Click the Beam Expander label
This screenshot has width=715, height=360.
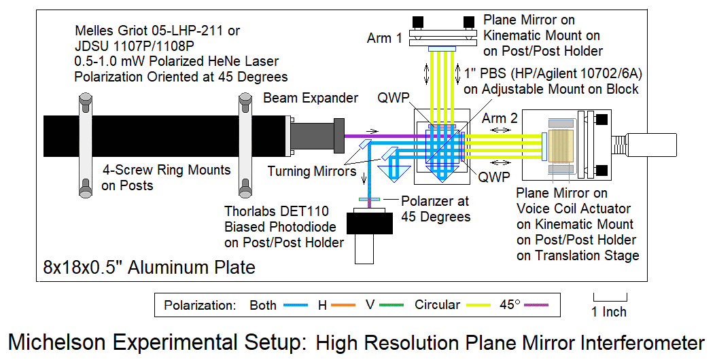click(311, 98)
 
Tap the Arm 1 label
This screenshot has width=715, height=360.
click(384, 38)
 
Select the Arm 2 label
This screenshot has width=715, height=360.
click(500, 119)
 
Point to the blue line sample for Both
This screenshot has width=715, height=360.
click(296, 306)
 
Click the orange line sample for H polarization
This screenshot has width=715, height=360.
click(345, 306)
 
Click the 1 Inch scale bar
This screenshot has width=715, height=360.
click(610, 297)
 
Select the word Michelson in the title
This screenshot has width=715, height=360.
click(60, 342)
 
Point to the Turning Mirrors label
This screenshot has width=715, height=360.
click(311, 171)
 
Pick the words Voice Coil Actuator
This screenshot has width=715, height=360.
click(574, 209)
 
